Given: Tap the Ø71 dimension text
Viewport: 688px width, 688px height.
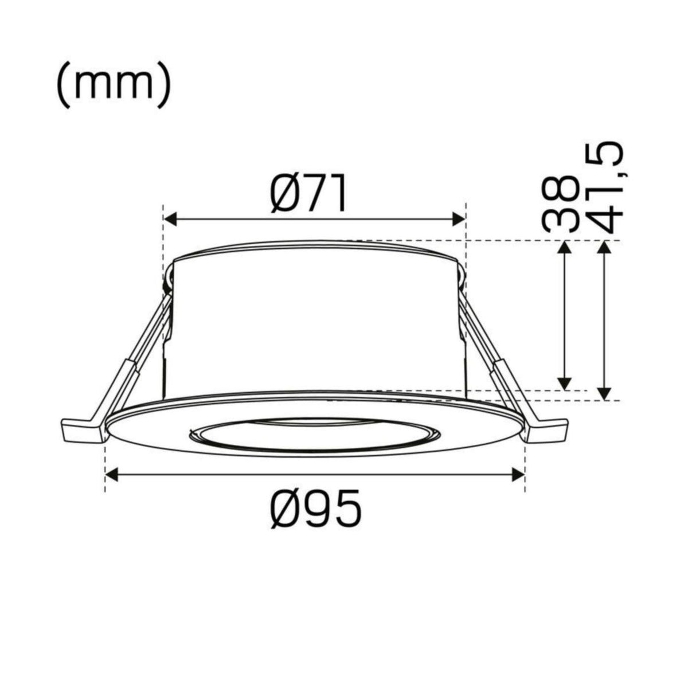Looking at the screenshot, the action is [308, 193].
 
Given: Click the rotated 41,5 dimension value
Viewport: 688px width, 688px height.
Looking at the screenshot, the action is [605, 189].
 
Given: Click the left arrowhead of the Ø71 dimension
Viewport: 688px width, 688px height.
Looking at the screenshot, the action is [170, 219].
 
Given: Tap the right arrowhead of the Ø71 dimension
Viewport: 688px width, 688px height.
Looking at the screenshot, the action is [459, 219].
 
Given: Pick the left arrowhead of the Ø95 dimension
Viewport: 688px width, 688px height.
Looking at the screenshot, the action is [111, 475].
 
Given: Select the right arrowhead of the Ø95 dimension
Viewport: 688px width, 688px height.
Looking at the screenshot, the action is [518, 475].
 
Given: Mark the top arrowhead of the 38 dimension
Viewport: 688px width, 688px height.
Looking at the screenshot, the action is [565, 248].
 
